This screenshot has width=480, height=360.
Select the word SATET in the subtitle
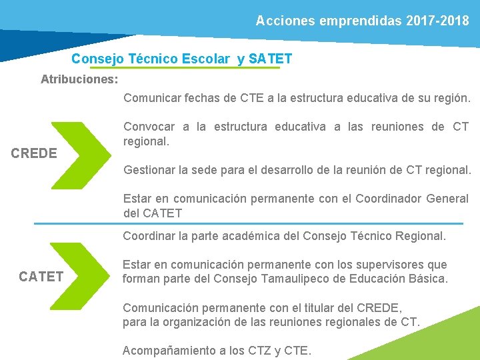click(x=270, y=59)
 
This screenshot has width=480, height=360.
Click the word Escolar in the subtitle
click(x=205, y=59)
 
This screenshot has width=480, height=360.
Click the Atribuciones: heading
click(x=79, y=79)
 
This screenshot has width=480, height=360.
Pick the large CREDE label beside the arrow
click(x=34, y=153)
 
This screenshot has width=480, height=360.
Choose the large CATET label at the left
click(x=41, y=276)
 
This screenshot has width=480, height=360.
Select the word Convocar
click(x=149, y=127)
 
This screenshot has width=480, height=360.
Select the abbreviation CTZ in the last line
click(x=255, y=351)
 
